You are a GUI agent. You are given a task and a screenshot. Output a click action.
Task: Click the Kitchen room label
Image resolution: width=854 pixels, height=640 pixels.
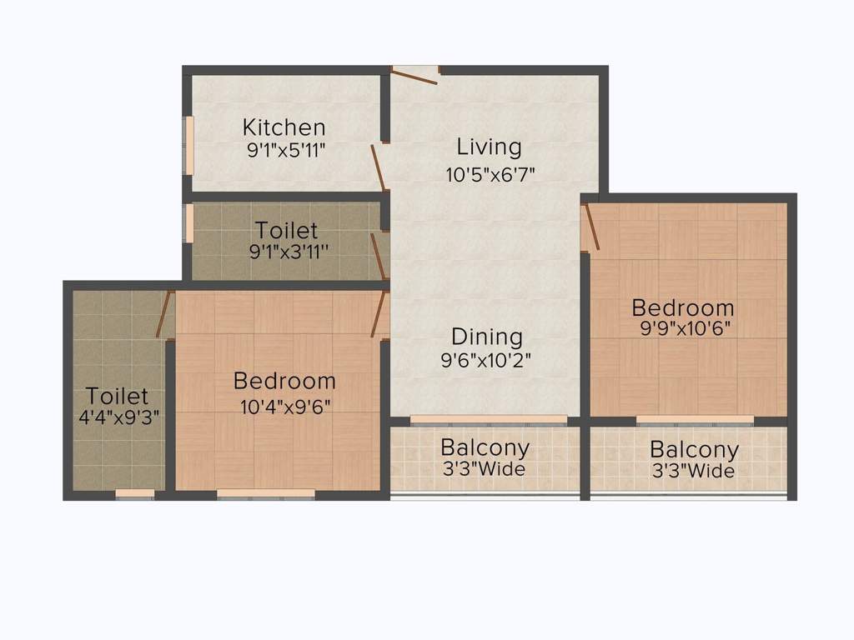tap(284, 127)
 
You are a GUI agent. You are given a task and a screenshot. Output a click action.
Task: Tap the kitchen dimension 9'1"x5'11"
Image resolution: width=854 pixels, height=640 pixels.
tap(284, 151)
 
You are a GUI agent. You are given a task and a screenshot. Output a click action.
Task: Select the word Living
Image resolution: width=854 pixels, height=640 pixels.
tap(489, 147)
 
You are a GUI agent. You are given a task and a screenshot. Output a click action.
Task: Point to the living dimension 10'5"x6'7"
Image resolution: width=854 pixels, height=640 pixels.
tap(490, 175)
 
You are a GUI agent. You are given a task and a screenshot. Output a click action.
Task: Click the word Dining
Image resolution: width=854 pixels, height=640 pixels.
tap(487, 337)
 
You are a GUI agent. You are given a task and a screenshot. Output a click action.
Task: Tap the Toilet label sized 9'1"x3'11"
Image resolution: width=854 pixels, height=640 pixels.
tap(286, 229)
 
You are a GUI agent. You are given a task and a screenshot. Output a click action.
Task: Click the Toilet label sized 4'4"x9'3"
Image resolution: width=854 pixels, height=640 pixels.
tap(117, 395)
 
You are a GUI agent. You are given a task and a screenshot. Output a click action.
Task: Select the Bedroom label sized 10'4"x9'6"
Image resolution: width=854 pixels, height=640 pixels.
tap(284, 381)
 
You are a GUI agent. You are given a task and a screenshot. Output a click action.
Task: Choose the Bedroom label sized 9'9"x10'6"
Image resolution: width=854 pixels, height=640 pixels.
tap(682, 307)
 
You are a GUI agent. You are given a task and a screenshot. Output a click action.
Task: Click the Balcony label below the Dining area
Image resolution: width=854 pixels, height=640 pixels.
tap(485, 447)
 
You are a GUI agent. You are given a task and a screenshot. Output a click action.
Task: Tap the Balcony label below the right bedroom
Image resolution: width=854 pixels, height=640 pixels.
tap(694, 450)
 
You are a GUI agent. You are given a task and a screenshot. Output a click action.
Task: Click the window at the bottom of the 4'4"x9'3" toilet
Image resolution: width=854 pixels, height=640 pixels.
tap(134, 494)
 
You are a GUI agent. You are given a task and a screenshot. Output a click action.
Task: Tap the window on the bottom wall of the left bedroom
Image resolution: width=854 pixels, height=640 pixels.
tap(265, 494)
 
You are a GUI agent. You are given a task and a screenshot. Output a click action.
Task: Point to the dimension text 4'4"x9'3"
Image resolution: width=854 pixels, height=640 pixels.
tap(118, 417)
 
